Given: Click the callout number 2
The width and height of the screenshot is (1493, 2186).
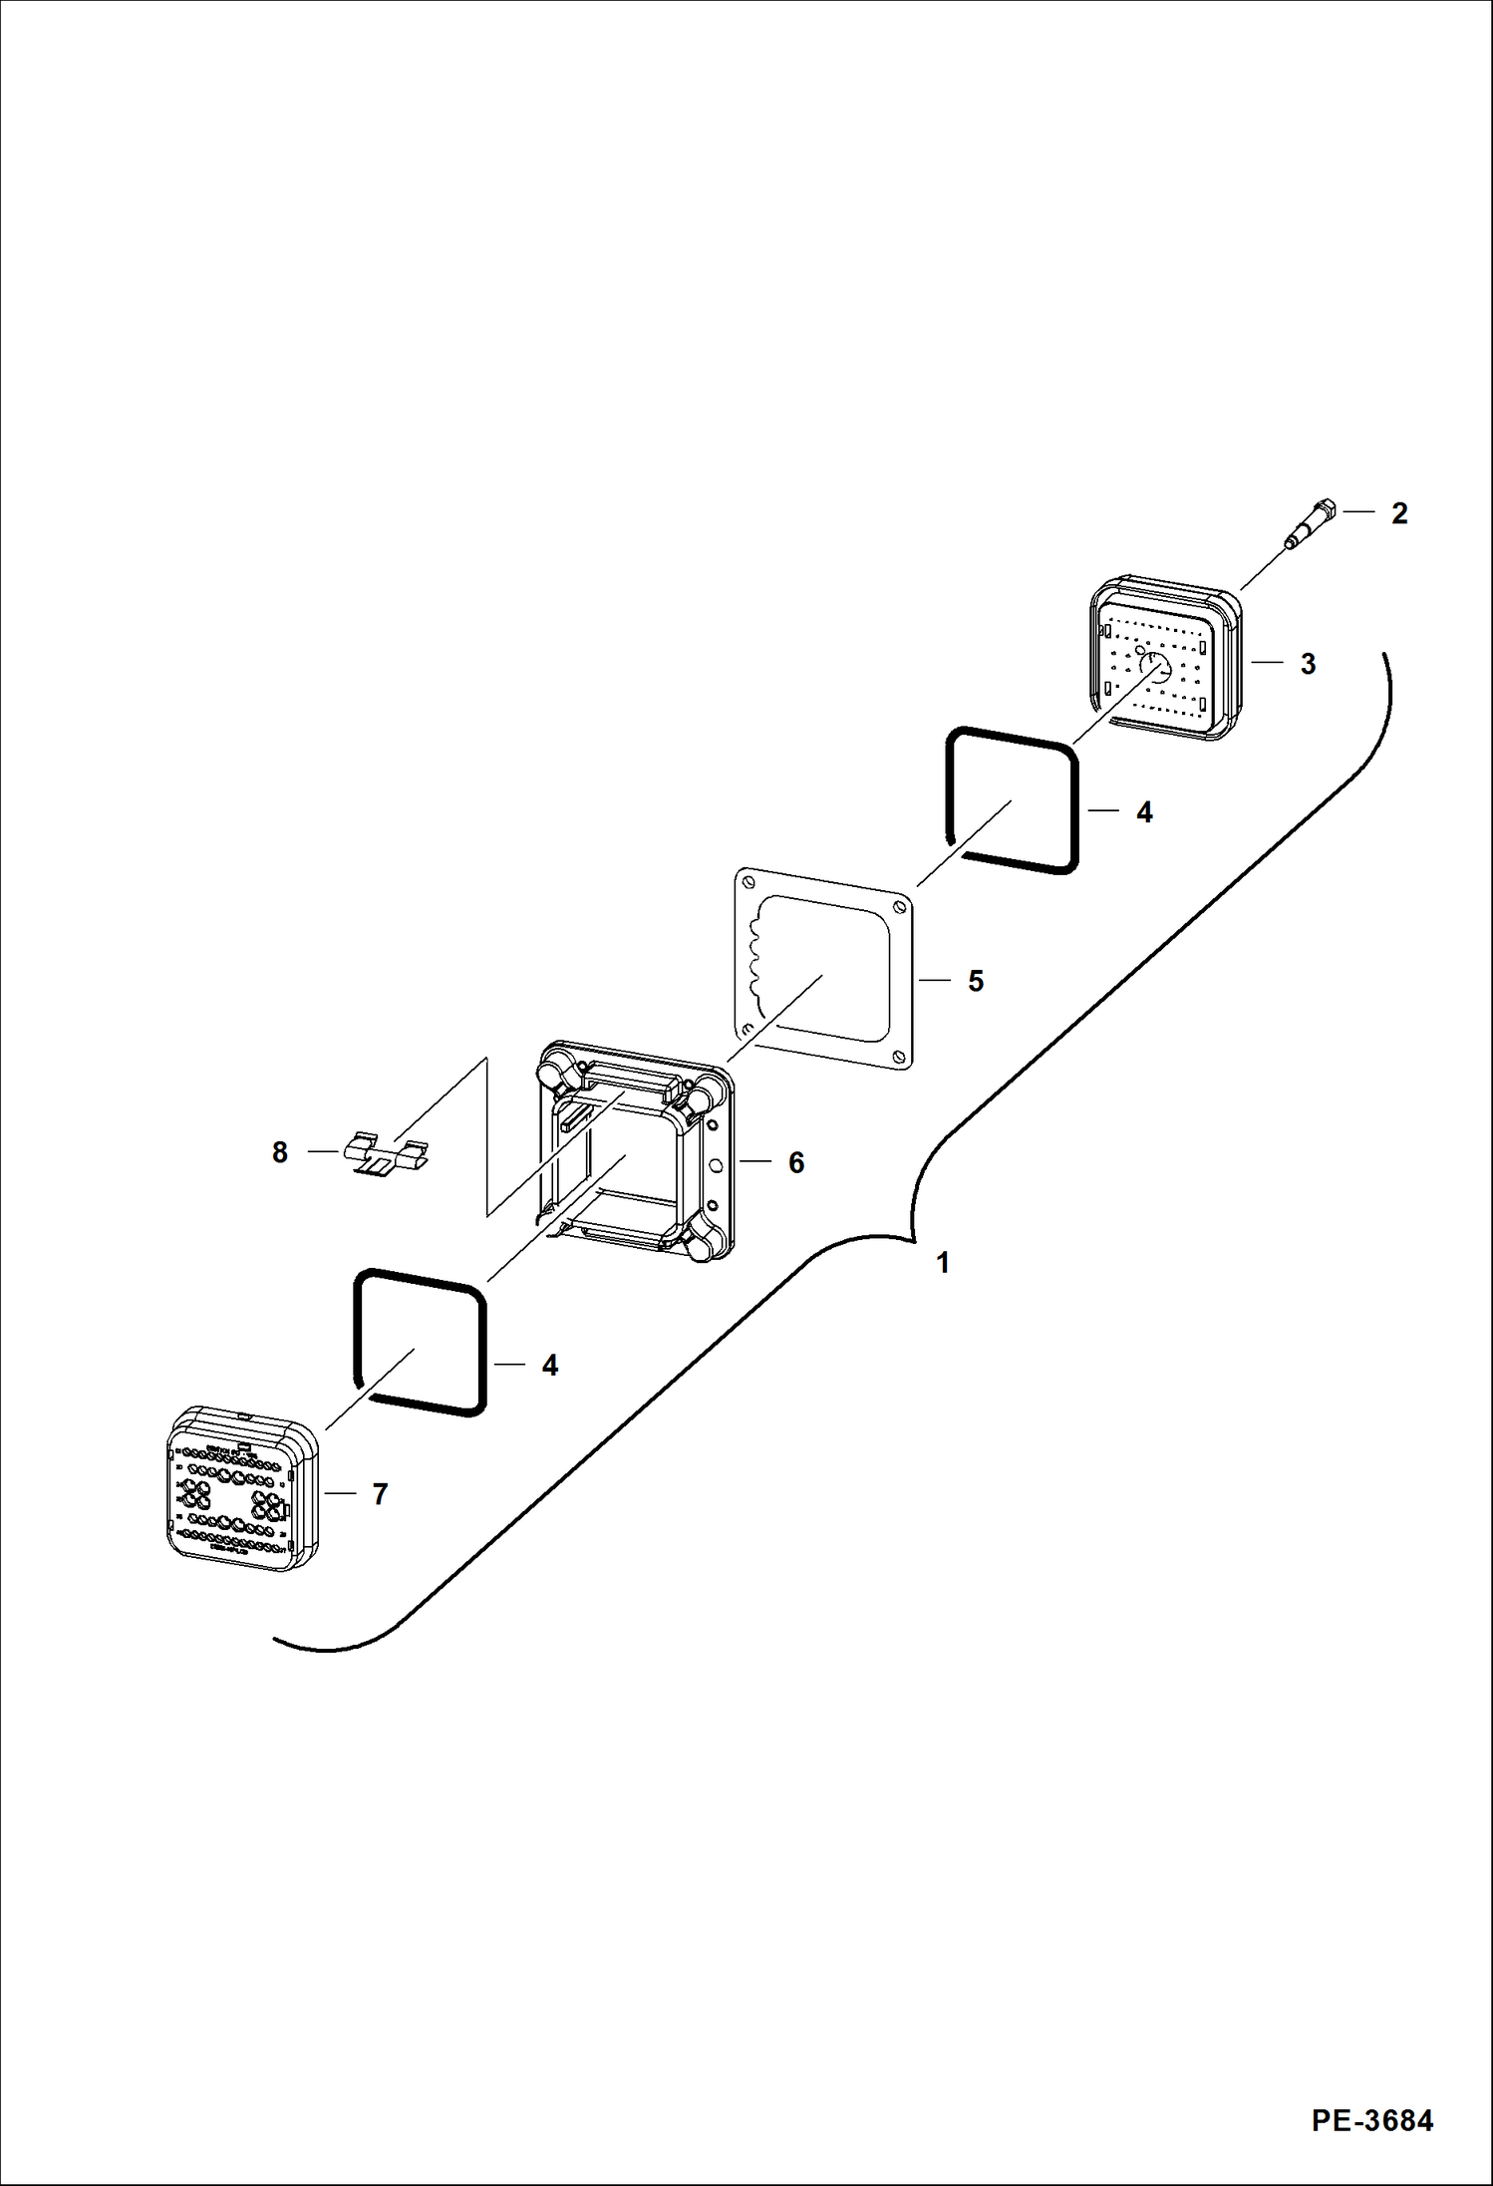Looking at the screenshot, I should pos(1399,513).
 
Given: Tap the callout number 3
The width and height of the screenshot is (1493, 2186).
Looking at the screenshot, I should pos(1308,664).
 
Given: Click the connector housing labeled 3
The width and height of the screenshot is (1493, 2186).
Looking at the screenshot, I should pos(1166,658).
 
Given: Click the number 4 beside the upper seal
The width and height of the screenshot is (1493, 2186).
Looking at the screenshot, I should pos(1144,813).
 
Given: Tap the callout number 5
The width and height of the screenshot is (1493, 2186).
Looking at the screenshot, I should pos(976,982).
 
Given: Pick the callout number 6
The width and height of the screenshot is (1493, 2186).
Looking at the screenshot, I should pos(796,1163).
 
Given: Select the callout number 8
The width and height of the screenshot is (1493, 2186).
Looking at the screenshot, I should pos(280,1153).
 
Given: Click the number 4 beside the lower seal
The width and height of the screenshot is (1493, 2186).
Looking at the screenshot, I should pos(550,1366).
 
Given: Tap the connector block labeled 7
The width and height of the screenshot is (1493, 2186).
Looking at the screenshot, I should pos(242,1489).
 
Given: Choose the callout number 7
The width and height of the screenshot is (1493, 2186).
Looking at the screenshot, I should pos(380,1494).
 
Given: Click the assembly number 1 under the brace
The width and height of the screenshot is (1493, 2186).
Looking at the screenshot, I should pos(942,1264).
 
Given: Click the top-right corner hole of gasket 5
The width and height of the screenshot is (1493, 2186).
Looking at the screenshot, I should pos(900,907).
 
